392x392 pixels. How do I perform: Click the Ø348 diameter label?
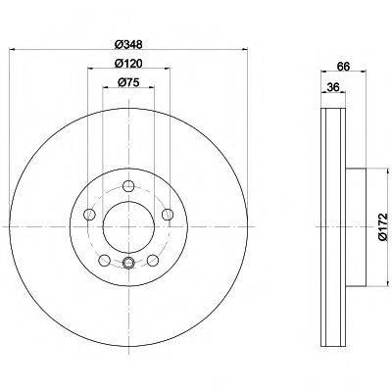pos(128,44)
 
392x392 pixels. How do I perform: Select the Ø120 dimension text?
pos(128,63)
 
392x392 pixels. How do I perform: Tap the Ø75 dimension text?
pos(128,82)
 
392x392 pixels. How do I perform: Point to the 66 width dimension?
pos(343,67)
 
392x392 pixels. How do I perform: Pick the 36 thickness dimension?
pos(333,87)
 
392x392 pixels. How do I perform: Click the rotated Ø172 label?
pos(383,226)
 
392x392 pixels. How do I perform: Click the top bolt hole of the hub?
pos(128,186)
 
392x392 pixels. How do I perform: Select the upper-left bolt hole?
pos(89,215)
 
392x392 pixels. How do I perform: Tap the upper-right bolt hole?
pos(168,215)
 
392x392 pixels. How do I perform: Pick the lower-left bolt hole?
pos(104,261)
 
